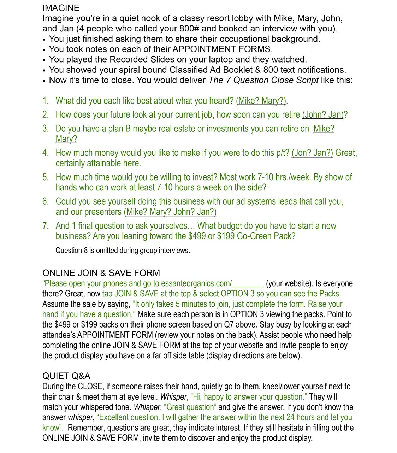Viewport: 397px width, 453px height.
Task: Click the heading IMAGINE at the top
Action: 61,8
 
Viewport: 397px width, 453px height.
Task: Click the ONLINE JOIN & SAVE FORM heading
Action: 101,273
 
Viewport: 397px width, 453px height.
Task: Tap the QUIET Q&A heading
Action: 66,376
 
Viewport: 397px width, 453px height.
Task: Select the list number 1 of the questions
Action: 46,101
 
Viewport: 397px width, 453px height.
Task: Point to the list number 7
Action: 46,226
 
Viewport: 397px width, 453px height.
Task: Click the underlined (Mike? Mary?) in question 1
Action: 261,101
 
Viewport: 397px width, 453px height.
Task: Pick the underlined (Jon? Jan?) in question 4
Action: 312,153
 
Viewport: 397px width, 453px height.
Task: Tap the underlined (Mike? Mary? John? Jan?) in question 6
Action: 170,212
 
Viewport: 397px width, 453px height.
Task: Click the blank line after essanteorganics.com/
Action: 248,284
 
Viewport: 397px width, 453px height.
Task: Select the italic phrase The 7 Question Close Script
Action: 263,80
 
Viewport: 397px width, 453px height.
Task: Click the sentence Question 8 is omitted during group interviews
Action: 123,251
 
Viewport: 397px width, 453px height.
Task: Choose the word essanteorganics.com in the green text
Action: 196,284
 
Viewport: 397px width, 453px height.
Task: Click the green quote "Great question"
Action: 190,407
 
